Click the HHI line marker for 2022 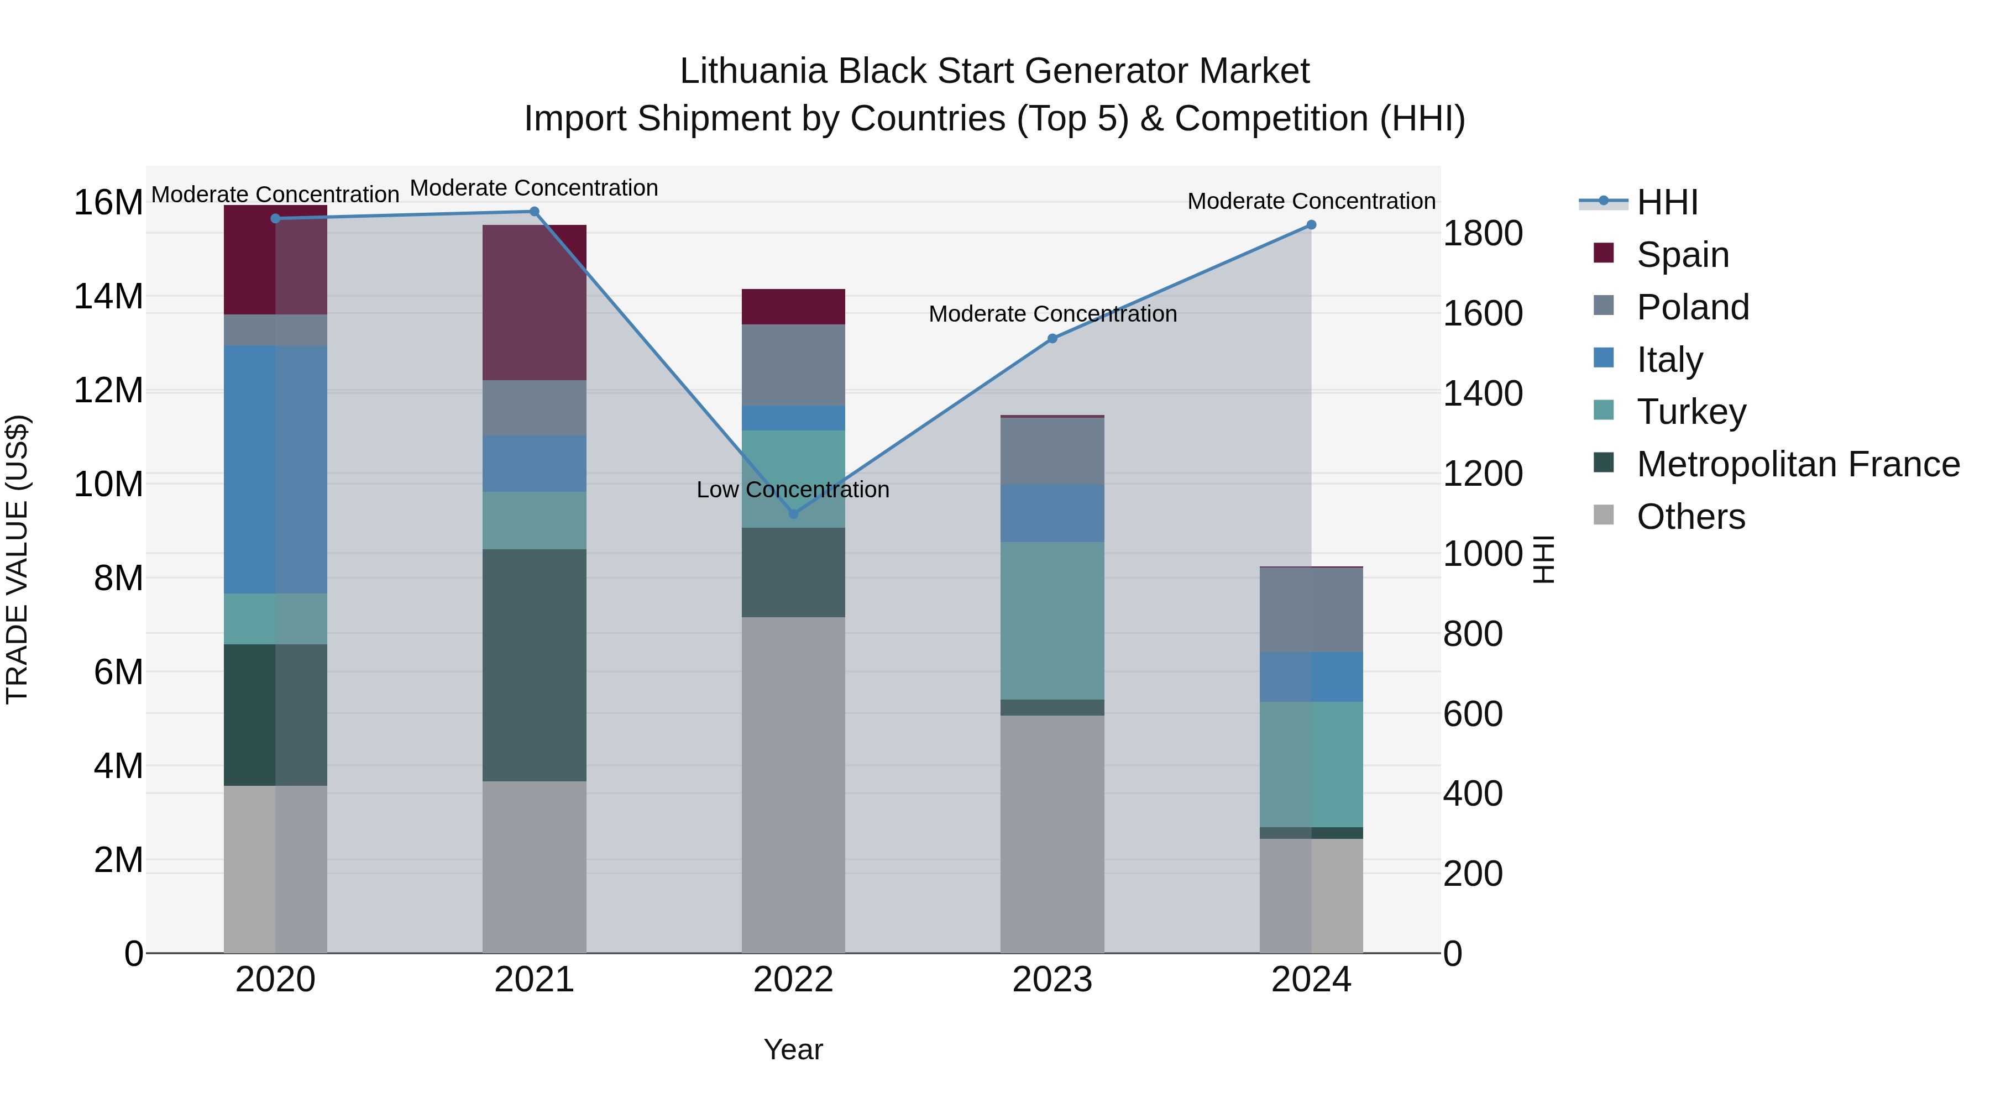[x=793, y=513]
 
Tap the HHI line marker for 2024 [x=1311, y=225]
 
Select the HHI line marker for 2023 [x=1052, y=338]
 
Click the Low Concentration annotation [x=793, y=490]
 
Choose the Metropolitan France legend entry [x=1798, y=464]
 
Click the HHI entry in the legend [x=1667, y=202]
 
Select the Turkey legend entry [x=1691, y=412]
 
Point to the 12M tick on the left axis [x=108, y=390]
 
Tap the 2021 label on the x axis [x=534, y=980]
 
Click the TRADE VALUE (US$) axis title [x=18, y=559]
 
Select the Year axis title [x=793, y=1049]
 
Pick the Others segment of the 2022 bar [x=793, y=784]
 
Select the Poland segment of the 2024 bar [x=1311, y=610]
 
